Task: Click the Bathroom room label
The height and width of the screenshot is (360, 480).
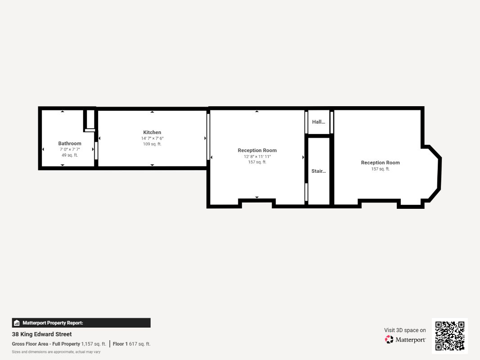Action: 70,143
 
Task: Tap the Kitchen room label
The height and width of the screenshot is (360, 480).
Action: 152,132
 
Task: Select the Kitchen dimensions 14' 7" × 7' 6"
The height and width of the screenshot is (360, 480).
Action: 152,138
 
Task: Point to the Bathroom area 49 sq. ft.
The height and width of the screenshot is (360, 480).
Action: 70,155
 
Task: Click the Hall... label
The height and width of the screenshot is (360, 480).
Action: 319,122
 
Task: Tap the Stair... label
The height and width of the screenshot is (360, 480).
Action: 319,171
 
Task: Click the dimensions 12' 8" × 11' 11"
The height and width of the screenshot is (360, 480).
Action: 257,157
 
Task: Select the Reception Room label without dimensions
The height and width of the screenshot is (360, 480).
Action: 381,162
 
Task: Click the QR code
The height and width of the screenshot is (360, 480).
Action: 450,336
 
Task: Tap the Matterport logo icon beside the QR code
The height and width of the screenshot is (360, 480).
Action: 389,339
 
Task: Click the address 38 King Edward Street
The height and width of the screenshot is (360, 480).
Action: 42,334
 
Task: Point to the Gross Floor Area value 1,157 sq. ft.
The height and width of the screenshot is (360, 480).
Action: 94,344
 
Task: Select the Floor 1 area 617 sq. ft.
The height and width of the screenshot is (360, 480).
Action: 139,344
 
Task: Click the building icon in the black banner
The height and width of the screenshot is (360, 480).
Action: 17,323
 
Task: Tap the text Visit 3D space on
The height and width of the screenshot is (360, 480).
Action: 405,330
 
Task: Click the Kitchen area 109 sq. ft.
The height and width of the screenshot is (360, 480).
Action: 152,144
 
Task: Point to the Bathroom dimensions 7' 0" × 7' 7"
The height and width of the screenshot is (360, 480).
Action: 70,149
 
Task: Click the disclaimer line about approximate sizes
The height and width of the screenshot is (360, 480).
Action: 56,352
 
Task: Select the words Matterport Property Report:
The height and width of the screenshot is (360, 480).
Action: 53,323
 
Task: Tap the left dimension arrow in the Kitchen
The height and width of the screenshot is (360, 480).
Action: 99,138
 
